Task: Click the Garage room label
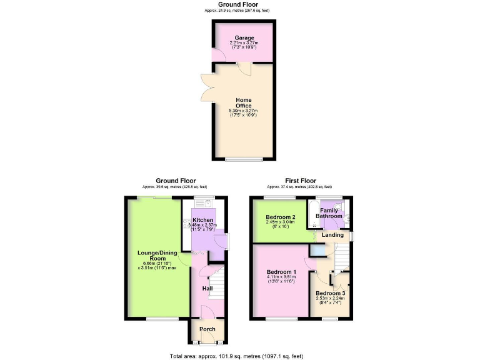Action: coord(244,37)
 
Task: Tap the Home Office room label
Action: coord(243,102)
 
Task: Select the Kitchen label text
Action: coord(202,221)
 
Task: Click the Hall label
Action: coord(207,288)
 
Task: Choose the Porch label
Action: coord(207,329)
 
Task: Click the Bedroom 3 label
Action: coord(330,293)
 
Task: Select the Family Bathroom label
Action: coord(330,213)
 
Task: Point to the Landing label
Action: coord(332,235)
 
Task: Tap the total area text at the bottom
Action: coord(236,356)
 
